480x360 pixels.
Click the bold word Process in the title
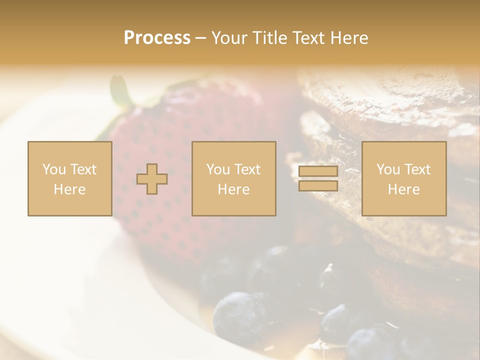click(x=157, y=38)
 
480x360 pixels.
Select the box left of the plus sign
click(x=69, y=178)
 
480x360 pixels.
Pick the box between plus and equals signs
click(x=233, y=178)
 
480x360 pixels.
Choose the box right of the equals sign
click(x=403, y=178)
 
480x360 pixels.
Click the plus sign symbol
click(x=152, y=178)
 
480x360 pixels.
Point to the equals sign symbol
click(x=318, y=178)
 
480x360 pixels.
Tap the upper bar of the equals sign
click(x=318, y=171)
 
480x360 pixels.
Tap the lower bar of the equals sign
click(x=318, y=185)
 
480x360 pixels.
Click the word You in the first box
click(x=53, y=169)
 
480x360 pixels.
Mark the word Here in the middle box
click(x=233, y=189)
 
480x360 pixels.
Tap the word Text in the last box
click(x=417, y=169)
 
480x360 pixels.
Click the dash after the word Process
click(x=201, y=38)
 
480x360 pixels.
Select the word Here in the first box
click(x=69, y=189)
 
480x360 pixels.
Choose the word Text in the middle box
click(x=247, y=169)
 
